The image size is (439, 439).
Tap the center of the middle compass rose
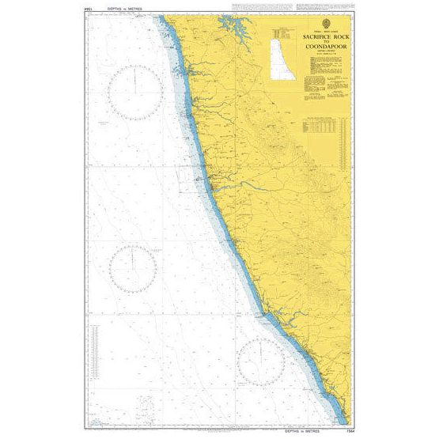pos(133,267)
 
